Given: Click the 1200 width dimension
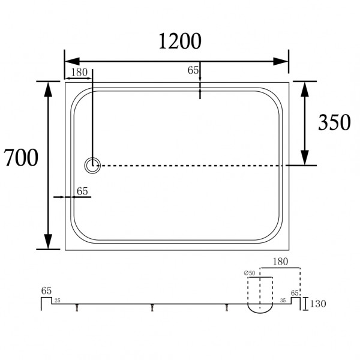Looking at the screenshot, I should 179,41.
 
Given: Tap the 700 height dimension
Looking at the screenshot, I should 21,158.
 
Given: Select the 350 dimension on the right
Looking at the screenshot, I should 334,122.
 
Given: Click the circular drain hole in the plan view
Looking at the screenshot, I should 93,165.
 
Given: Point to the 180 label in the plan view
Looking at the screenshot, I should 79,72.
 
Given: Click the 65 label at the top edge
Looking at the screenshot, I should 193,70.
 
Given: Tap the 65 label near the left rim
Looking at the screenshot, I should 82,191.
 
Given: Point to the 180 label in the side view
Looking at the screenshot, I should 279,262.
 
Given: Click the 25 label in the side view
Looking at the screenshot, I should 58,300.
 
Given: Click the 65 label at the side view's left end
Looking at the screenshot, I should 46,290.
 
